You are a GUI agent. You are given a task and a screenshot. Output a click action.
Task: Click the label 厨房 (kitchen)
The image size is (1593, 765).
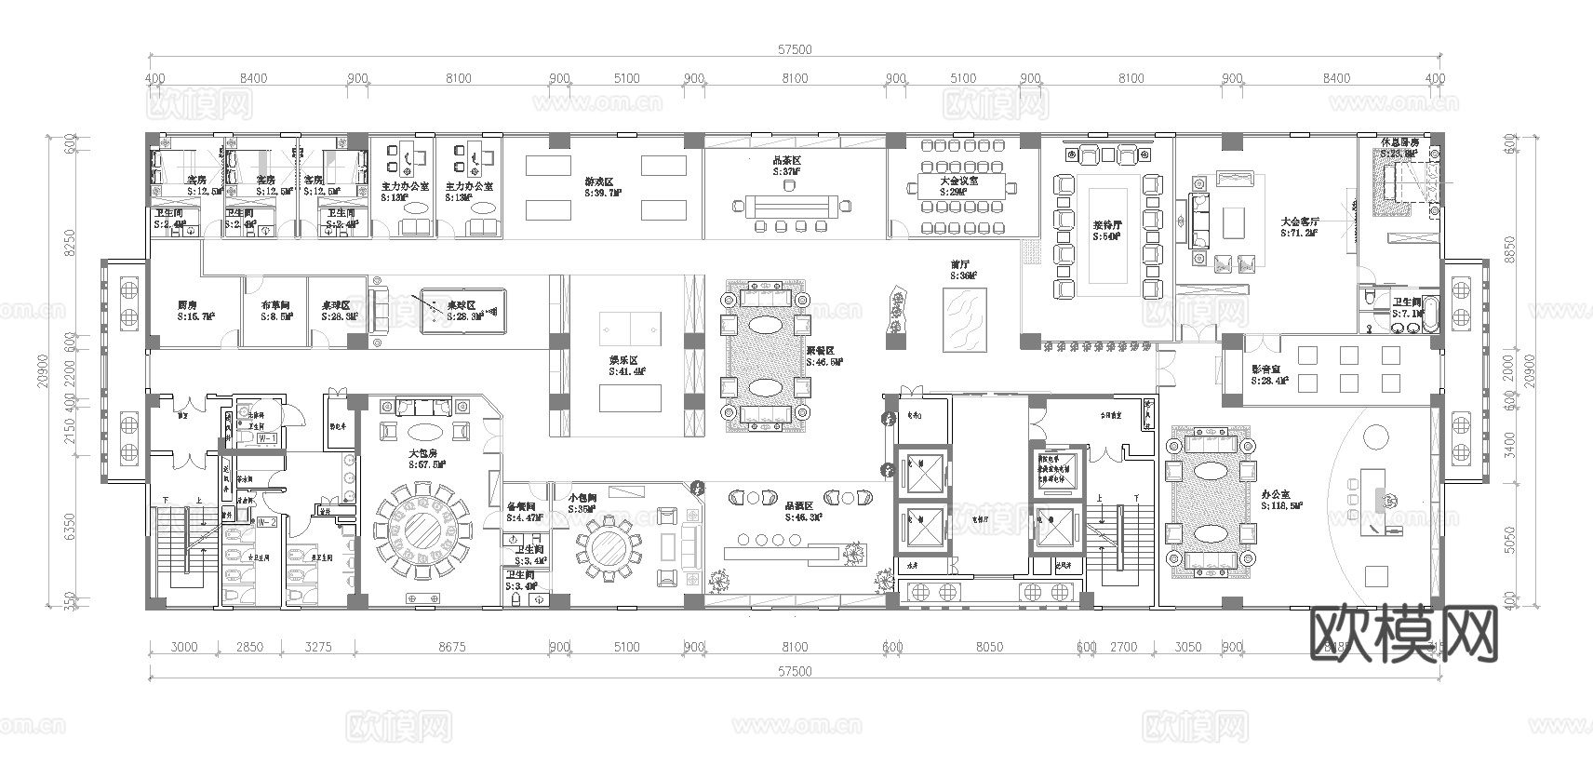click(x=187, y=304)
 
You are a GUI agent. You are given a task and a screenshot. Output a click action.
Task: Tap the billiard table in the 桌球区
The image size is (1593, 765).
click(x=462, y=311)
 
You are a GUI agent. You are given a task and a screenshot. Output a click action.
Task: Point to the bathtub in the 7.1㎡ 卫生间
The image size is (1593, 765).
click(x=1433, y=315)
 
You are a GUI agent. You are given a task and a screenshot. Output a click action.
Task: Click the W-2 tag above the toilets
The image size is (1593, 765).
click(x=267, y=522)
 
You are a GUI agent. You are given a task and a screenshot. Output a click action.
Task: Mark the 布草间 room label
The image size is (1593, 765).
click(x=275, y=304)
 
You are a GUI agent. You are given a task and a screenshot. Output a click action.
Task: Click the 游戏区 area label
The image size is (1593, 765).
click(x=600, y=182)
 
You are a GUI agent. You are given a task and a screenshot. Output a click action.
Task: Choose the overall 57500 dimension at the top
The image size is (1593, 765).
click(x=796, y=50)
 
